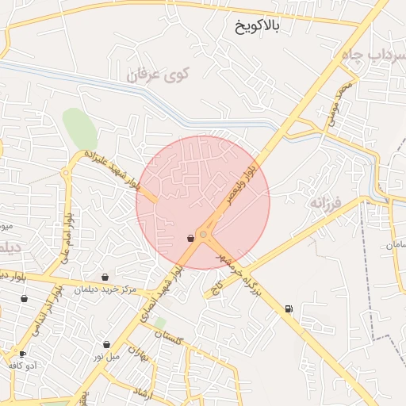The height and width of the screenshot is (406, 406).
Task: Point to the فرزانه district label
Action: coord(325,203)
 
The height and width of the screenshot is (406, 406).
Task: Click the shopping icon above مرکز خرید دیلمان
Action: coord(105,277)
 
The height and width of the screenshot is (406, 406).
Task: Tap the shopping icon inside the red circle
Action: coord(190,238)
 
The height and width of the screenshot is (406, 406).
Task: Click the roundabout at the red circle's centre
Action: coord(204,235)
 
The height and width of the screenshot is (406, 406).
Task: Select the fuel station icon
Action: coord(287,308)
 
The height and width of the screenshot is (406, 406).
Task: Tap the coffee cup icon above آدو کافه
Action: coord(22,354)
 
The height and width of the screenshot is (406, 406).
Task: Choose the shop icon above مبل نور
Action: coord(107,345)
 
